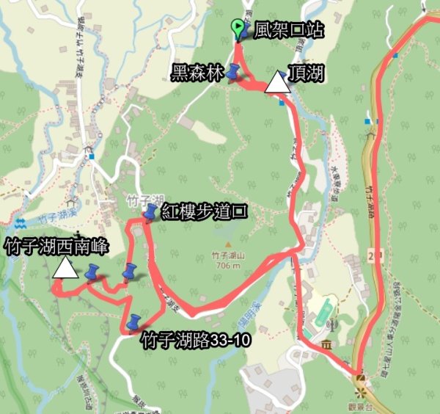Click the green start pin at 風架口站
point(237,29)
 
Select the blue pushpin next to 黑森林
point(233,71)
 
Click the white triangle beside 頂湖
point(276,83)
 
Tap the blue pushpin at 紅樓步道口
point(150,213)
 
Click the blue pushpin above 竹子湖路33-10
point(134,322)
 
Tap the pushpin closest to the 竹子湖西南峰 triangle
point(92,272)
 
